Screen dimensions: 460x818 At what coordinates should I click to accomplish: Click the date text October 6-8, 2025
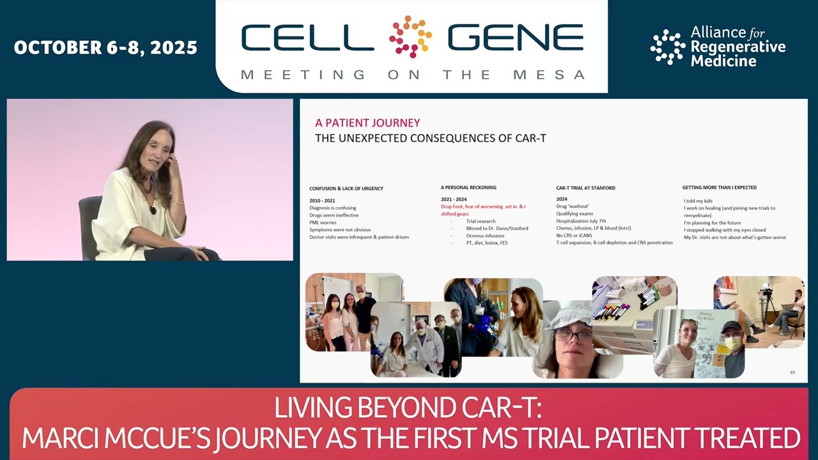point(105,48)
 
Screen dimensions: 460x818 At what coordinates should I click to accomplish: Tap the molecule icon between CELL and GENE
point(410,36)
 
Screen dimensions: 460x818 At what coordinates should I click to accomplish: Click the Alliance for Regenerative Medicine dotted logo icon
point(667,47)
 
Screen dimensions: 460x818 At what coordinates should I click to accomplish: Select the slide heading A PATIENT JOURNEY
point(367,123)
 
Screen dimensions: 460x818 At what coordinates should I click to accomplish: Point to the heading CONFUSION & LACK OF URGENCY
point(346,188)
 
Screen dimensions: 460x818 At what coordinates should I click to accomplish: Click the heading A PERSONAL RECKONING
point(468,187)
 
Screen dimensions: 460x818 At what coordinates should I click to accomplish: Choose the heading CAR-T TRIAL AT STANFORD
point(585,188)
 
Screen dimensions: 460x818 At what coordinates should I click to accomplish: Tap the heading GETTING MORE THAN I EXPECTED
point(719,187)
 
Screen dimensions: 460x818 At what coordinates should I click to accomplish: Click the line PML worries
point(323,222)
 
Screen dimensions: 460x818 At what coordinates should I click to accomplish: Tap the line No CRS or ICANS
point(574,235)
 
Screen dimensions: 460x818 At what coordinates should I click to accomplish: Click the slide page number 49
point(792,372)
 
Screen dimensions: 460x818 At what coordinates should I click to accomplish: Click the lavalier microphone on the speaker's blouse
point(153,210)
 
